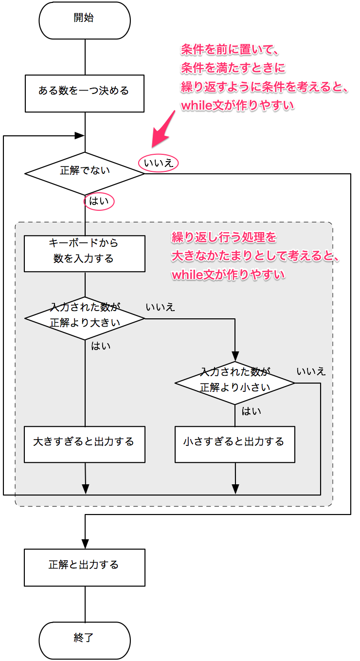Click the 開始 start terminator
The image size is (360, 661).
84,20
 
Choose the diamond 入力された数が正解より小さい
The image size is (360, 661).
235,383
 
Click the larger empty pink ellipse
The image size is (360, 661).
158,163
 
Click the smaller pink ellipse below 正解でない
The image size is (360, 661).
99,201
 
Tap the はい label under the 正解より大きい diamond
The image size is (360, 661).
101,346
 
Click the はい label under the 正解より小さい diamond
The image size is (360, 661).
252,411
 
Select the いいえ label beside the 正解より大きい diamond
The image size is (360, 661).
160,307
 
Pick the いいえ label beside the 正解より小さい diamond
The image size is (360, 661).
311,371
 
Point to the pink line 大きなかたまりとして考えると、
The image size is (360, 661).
255,257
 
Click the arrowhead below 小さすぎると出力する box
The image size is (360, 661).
235,488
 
